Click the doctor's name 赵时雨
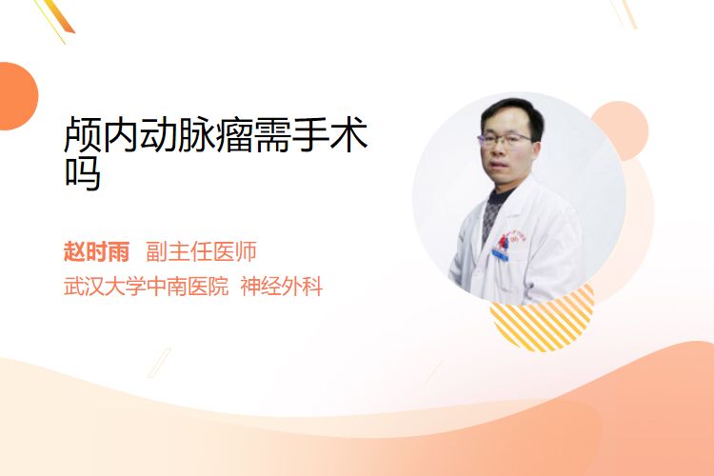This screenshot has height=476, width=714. pyautogui.click(x=96, y=251)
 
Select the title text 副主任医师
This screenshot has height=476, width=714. pyautogui.click(x=201, y=251)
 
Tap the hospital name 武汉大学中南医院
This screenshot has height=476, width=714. pyautogui.click(x=146, y=287)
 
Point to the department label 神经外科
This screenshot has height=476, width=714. pyautogui.click(x=282, y=287)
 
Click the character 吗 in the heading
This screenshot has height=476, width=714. pyautogui.click(x=83, y=172)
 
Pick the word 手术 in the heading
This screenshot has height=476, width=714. pyautogui.click(x=330, y=134)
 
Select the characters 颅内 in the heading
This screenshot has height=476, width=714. pyautogui.click(x=102, y=134)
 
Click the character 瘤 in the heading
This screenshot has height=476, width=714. pyautogui.click(x=235, y=134)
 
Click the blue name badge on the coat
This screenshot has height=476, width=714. pyautogui.click(x=500, y=254)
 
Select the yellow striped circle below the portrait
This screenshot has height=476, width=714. pyautogui.click(x=542, y=319)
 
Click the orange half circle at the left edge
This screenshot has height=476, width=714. pyautogui.click(x=17, y=96)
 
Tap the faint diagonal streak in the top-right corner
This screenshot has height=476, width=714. pyautogui.click(x=625, y=12)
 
